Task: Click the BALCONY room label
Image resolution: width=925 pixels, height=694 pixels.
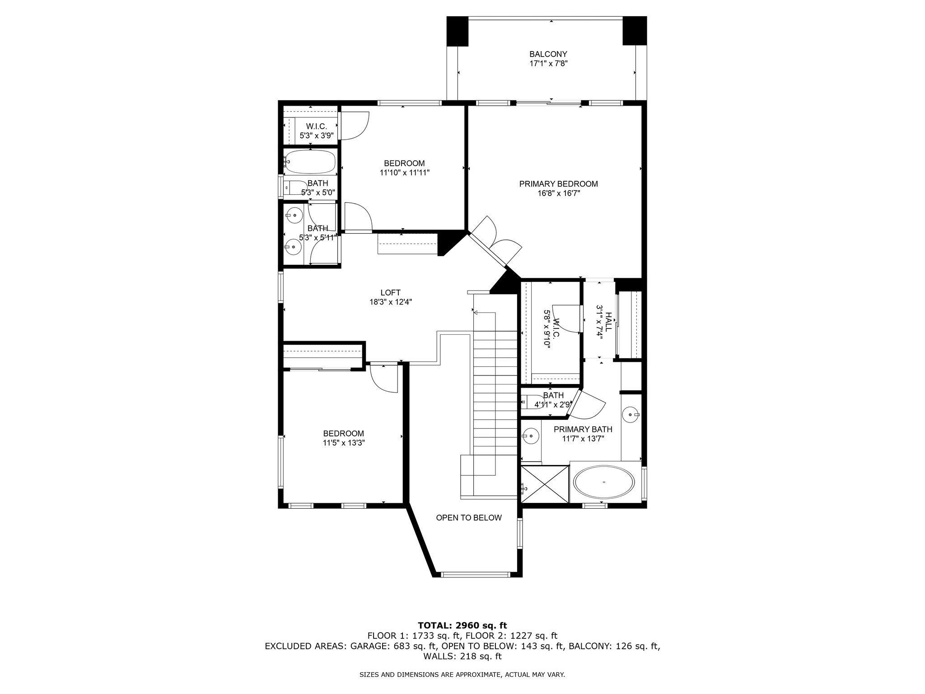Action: pyautogui.click(x=548, y=54)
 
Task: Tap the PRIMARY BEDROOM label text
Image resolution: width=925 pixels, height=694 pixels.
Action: pyautogui.click(x=558, y=184)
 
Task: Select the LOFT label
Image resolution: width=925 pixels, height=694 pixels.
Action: pyautogui.click(x=390, y=293)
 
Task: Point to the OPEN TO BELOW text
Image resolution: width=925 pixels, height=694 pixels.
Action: pyautogui.click(x=469, y=518)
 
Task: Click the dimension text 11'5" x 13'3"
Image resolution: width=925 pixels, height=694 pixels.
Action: pyautogui.click(x=344, y=443)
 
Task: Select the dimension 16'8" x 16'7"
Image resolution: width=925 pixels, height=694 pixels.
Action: pyautogui.click(x=558, y=193)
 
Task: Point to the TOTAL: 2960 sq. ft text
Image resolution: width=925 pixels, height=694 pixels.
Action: pyautogui.click(x=462, y=625)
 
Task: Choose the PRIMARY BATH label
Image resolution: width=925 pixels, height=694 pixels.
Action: pyautogui.click(x=583, y=429)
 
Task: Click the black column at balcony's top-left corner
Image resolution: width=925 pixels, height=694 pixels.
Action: pyautogui.click(x=458, y=31)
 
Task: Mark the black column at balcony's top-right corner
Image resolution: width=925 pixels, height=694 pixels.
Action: pyautogui.click(x=635, y=31)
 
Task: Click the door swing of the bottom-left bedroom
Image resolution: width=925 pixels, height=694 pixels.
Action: pyautogui.click(x=383, y=379)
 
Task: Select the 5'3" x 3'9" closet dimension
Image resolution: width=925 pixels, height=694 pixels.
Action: pyautogui.click(x=317, y=135)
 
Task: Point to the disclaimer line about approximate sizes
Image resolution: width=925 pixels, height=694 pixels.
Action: pyautogui.click(x=462, y=675)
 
